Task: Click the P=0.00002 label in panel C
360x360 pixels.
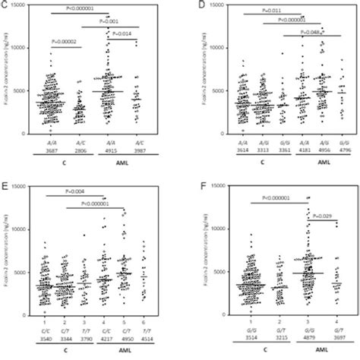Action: tap(68, 43)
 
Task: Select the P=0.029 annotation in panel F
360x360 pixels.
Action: tap(321, 217)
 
